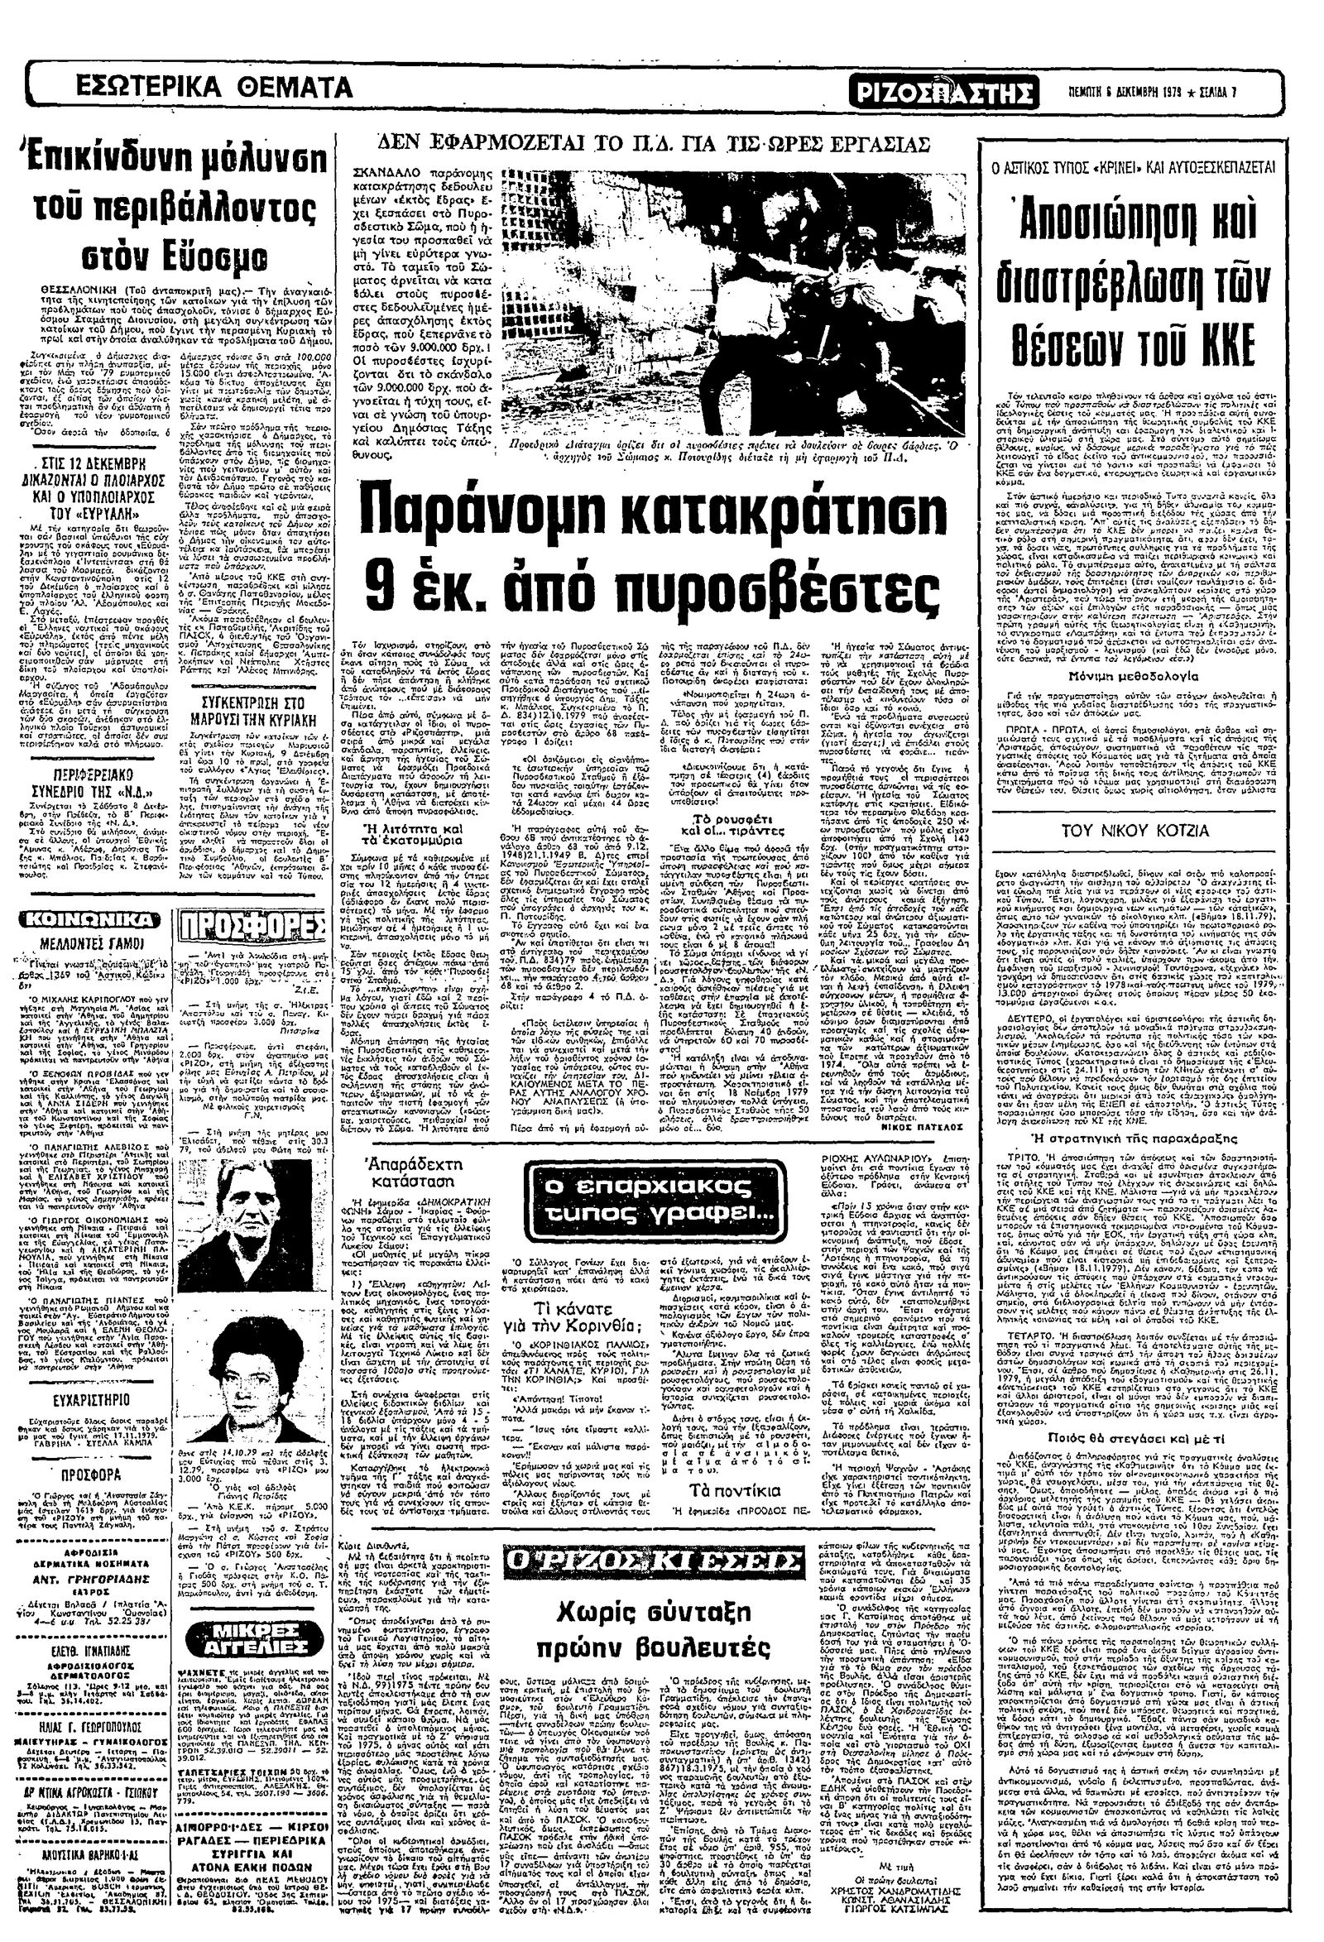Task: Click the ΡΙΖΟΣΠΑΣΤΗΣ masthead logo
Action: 943,91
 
